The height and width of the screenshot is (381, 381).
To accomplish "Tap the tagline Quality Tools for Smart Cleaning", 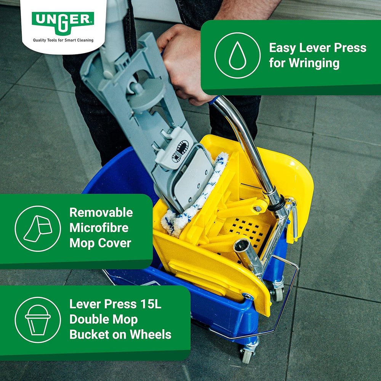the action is click(63, 40).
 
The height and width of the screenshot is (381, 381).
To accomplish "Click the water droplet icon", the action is click(237, 55).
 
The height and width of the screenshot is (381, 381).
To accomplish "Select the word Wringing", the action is click(314, 63).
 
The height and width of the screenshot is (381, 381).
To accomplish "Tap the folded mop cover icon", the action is click(38, 229).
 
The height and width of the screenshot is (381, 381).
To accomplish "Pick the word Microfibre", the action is click(99, 228).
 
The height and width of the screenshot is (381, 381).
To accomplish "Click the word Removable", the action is click(101, 212).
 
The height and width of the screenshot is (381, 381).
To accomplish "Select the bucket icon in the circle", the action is click(38, 320).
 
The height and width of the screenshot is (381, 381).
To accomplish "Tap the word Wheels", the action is click(150, 335).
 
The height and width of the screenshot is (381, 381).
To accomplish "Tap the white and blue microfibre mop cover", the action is click(195, 194).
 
